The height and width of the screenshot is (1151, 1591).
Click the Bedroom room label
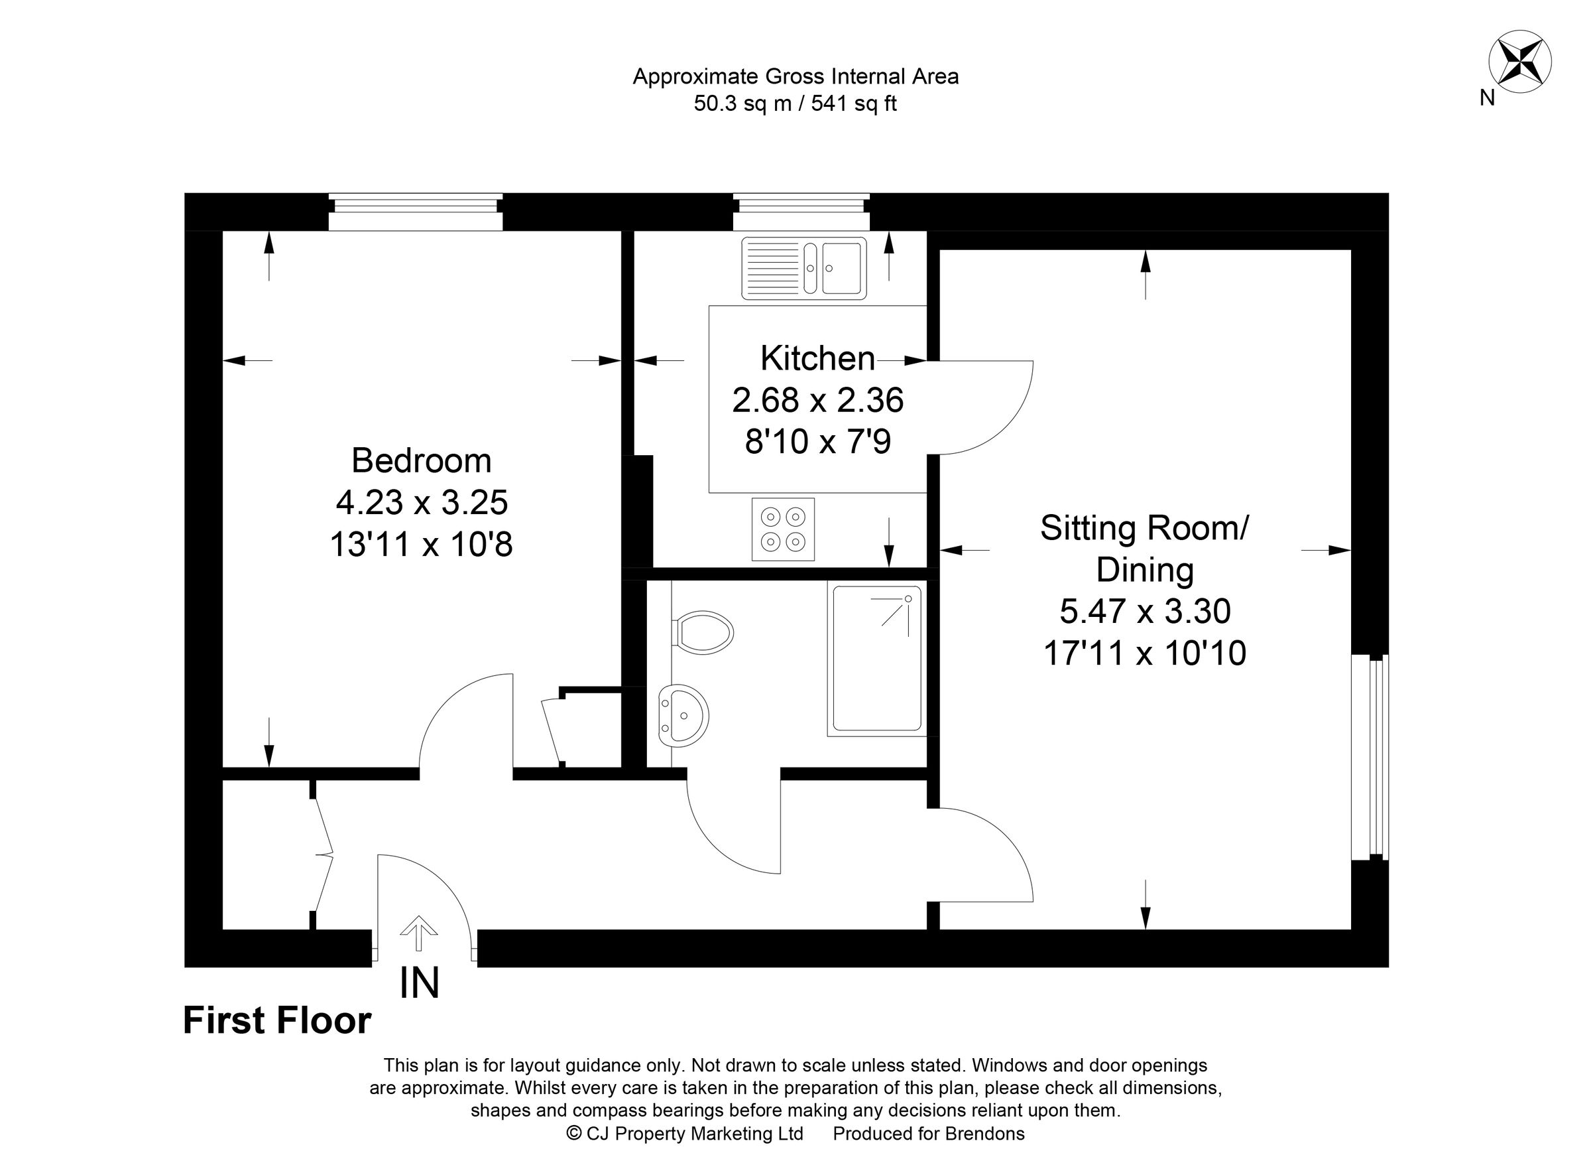[x=421, y=460]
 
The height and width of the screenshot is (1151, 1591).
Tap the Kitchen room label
[x=817, y=359]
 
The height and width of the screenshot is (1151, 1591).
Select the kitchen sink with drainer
[x=804, y=268]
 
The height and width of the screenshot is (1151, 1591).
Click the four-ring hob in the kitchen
[x=783, y=529]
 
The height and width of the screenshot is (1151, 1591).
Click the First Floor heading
[x=277, y=1020]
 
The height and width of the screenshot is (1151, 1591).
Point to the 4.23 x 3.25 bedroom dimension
[x=422, y=502]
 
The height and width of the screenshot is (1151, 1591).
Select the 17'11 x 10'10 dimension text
[x=1145, y=653]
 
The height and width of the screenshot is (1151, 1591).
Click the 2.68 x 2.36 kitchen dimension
[x=818, y=400]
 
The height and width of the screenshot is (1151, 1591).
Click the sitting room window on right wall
[x=1370, y=758]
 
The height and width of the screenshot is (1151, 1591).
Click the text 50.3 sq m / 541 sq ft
[x=795, y=104]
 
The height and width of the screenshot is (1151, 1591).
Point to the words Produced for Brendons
[x=929, y=1134]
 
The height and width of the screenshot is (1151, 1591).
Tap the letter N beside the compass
[x=1487, y=98]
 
